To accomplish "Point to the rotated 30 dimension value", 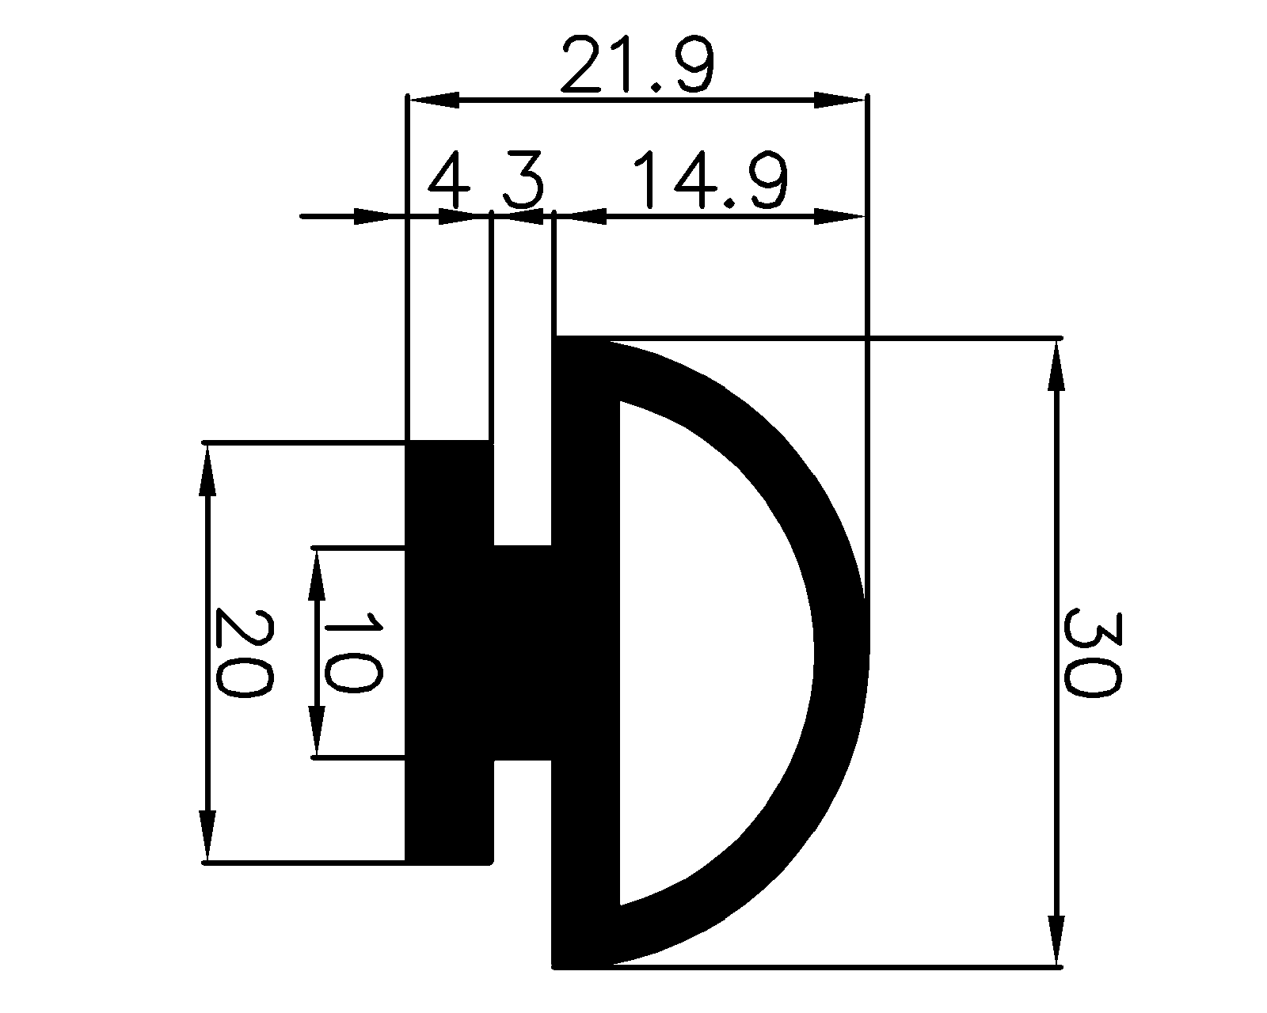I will (1090, 651).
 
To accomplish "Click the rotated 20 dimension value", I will (243, 653).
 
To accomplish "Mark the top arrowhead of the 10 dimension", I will (317, 574).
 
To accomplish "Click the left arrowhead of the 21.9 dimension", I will (433, 100).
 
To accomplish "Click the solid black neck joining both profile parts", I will (523, 653).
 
